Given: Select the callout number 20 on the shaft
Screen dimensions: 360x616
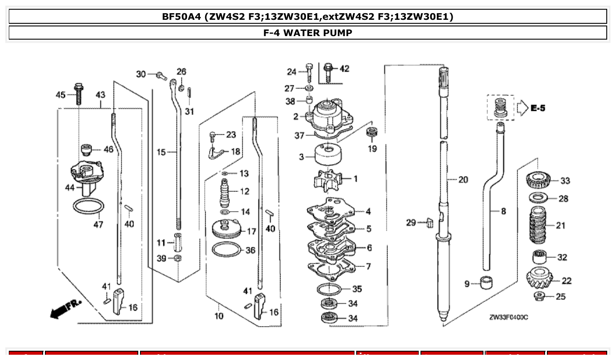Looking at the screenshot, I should click(463, 180).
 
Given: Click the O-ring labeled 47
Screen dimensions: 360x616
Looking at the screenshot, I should click(89, 206).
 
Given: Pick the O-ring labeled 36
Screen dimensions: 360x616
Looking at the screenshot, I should click(227, 250).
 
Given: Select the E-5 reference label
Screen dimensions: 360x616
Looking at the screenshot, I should click(537, 108).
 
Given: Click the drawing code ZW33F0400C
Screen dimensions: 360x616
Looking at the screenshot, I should click(508, 317).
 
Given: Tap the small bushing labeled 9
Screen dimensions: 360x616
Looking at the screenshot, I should click(486, 282).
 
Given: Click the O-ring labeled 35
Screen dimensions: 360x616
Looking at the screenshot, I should click(329, 290).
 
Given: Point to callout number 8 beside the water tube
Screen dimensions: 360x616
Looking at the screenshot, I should click(503, 211).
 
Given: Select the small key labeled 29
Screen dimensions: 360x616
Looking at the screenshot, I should click(429, 223).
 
